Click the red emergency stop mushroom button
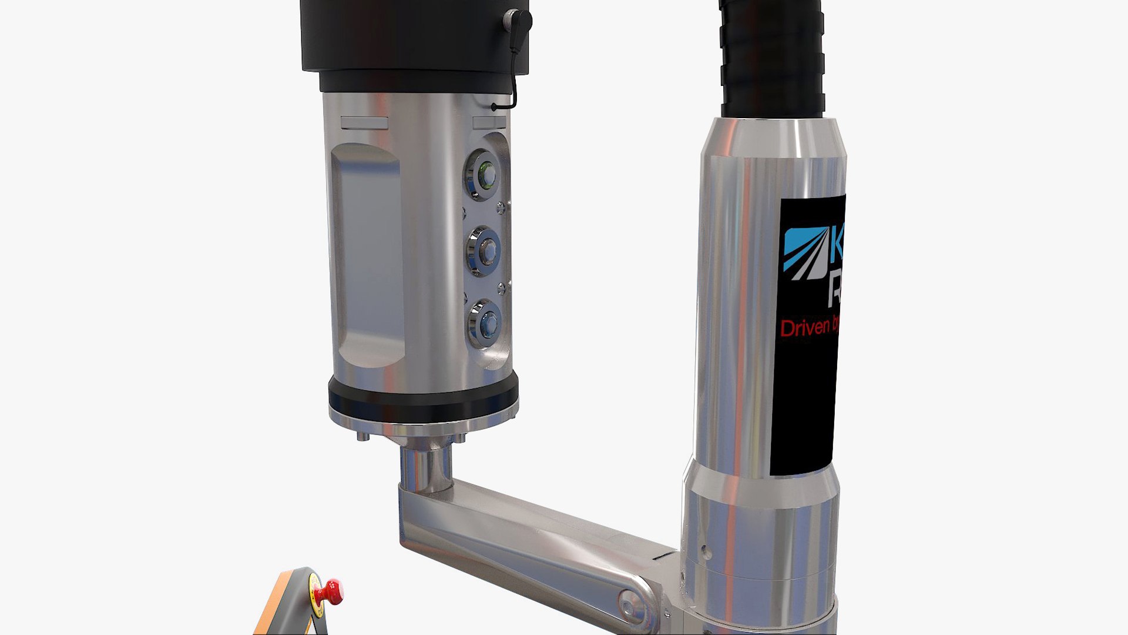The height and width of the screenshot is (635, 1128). (330, 590)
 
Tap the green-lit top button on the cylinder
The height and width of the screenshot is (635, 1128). (485, 175)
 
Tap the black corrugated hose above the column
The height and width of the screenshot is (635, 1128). (771, 59)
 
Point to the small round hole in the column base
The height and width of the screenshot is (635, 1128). (706, 552)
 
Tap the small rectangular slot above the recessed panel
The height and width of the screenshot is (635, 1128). (364, 123)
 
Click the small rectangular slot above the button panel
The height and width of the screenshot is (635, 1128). (489, 122)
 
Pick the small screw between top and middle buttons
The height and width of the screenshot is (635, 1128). (501, 207)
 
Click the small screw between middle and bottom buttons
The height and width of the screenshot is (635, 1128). (501, 288)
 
